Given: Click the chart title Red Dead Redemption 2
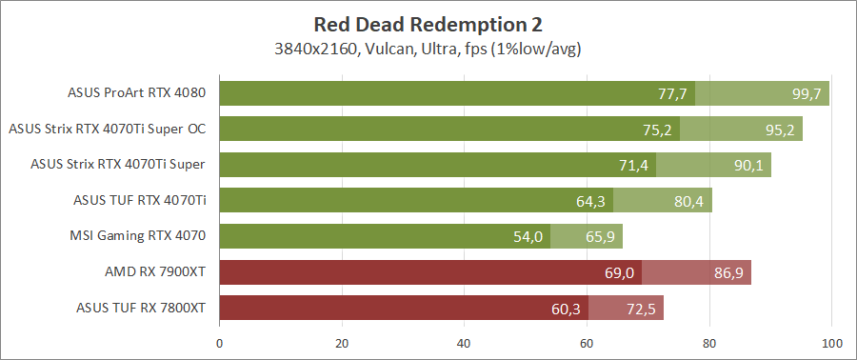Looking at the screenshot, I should [x=428, y=24].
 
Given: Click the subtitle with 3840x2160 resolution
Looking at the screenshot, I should [x=428, y=48].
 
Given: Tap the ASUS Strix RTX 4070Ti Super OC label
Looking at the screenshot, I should [x=107, y=129].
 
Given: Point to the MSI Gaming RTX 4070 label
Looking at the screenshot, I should [x=138, y=235].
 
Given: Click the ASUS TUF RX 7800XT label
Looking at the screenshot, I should [x=141, y=307].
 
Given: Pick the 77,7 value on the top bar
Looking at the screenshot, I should [x=672, y=93].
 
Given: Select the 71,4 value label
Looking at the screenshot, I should [x=633, y=165].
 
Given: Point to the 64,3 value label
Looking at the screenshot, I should [x=590, y=200].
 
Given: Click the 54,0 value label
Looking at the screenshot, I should [x=528, y=236].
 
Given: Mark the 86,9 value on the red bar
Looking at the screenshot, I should [x=728, y=272].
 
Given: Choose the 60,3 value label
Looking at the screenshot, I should [x=566, y=308].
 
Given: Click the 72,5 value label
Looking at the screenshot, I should [x=641, y=308].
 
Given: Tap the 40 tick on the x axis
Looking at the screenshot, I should [x=465, y=343].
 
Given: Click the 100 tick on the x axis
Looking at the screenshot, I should [x=831, y=343].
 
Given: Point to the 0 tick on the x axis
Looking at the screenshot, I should [x=220, y=343].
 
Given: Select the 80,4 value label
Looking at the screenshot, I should [x=689, y=200].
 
